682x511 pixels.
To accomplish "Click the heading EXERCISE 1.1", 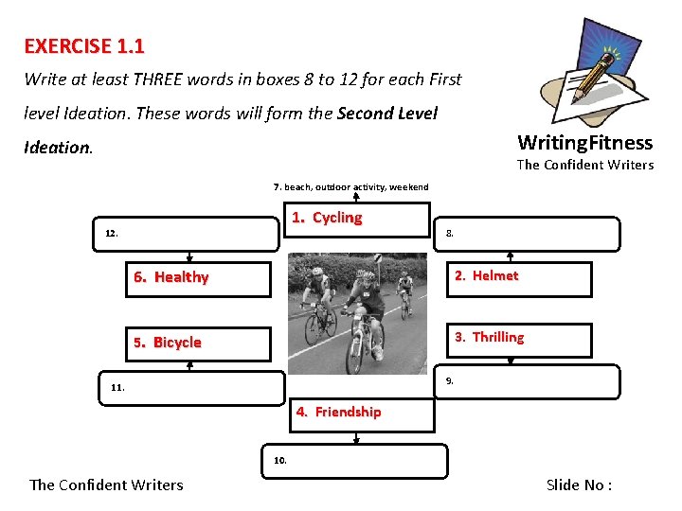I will pos(84,45).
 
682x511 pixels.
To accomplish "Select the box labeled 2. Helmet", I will pos(519,278).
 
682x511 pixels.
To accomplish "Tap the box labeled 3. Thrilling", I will pos(519,339).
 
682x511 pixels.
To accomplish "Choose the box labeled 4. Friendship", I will pos(364,414).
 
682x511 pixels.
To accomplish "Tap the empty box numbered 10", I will pos(356,461).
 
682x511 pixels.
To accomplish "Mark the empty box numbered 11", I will pos(189,387).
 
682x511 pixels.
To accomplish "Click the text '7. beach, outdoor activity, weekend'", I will pos(351,187).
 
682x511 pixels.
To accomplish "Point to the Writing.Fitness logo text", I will pos(584,143).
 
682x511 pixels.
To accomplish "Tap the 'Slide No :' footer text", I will pos(579,485).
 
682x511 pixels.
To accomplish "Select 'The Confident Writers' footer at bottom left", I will pos(106,485).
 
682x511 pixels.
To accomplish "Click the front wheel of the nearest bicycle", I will pos(356,351).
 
